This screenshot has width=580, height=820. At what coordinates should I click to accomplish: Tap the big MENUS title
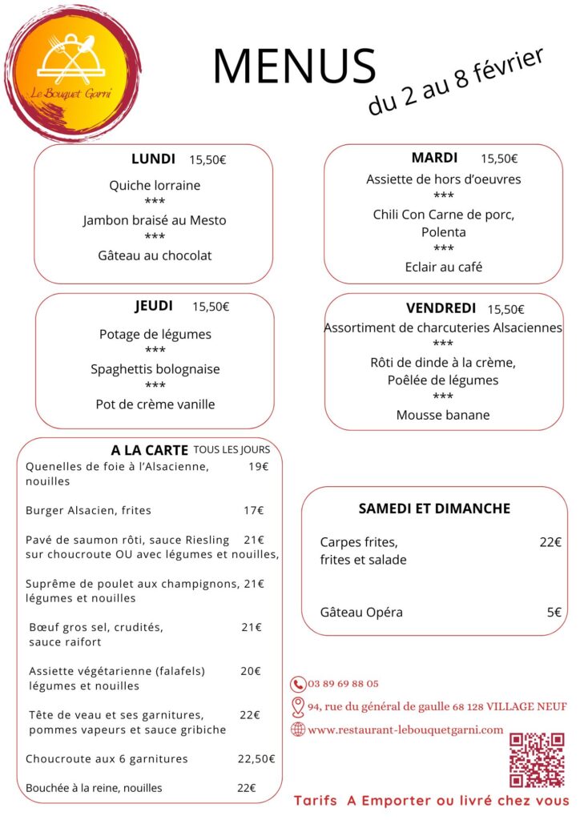pos(294,66)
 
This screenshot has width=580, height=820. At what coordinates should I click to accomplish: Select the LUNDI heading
pos(153,159)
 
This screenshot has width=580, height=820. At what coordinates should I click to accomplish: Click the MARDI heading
pos(434,158)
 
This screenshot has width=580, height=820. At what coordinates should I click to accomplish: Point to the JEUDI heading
pos(154,306)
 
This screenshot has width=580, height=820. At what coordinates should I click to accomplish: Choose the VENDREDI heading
pos(441,308)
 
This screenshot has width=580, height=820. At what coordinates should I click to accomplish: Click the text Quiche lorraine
pos(155,185)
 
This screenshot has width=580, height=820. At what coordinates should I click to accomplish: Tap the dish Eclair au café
pos(443,267)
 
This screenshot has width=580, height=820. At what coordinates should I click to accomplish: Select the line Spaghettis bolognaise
pos(155,369)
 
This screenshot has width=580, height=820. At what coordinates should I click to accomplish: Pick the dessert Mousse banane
pos(443,415)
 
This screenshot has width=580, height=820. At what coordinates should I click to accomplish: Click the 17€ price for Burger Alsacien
pos(254,510)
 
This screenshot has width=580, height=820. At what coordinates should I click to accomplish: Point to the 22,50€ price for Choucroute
pos(256,758)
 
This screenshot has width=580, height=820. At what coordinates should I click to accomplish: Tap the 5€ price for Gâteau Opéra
pos(554,613)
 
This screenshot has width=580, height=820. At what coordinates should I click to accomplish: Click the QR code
pos(537,760)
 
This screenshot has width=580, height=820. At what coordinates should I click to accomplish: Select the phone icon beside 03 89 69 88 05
pos(298,684)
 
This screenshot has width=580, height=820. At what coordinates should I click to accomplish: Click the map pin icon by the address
pos(298,707)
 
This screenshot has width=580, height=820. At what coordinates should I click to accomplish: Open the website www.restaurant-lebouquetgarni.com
pos(405,730)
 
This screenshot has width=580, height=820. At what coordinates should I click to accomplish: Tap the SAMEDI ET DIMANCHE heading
pos(434,508)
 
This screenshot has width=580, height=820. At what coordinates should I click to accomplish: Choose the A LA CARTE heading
pos(149,450)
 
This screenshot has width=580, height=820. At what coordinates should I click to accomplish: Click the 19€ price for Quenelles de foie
pos(258,467)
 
